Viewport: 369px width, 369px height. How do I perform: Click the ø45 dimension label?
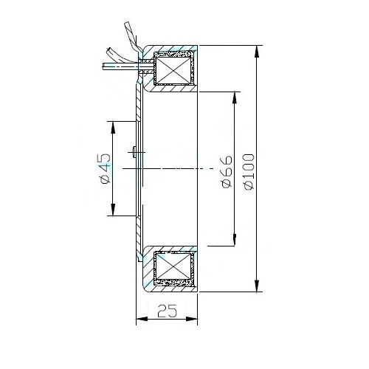coord(105,169)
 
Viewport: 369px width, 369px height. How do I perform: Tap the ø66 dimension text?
coord(227,171)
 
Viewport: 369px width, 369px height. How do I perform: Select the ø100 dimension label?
coord(249,172)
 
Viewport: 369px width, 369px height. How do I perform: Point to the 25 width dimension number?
coord(167,311)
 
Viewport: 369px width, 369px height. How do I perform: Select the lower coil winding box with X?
coord(173,266)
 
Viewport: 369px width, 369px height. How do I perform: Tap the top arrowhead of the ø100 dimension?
coord(257,52)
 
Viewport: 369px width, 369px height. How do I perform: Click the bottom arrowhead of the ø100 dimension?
coord(257,286)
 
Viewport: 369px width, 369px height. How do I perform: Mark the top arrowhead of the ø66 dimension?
coord(235,97)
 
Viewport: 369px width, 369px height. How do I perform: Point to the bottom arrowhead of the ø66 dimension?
coord(235,240)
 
